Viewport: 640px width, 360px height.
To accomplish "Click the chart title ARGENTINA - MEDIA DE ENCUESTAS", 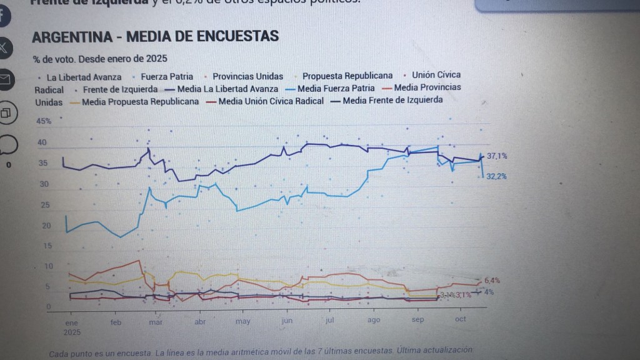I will [x=155, y=36].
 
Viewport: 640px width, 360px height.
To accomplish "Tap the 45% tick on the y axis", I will [x=44, y=121].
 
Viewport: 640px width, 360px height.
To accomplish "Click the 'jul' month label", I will [x=329, y=320].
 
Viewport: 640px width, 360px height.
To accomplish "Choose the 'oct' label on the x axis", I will [x=461, y=319].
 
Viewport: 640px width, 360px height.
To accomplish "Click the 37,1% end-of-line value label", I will [x=497, y=156].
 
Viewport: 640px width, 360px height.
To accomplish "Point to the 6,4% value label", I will [x=492, y=280].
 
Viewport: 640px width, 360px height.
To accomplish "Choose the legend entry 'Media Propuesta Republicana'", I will [x=140, y=101].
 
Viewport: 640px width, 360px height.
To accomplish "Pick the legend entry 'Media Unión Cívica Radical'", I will [x=271, y=101].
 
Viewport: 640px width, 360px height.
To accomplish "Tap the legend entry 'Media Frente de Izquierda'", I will [x=392, y=100].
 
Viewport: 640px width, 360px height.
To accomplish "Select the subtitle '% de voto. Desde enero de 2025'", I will [x=100, y=59].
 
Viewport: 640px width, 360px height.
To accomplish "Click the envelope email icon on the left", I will [x=4, y=79].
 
